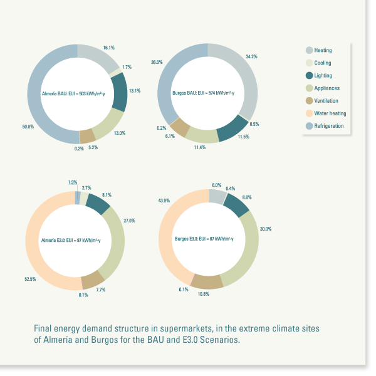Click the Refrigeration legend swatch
tap(310, 126)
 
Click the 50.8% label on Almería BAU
tap(28, 127)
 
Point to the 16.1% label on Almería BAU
tap(108, 48)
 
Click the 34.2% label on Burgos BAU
tap(252, 56)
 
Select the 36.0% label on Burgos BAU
tap(157, 63)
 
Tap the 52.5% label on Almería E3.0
tap(29, 279)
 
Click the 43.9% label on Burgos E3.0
tap(164, 201)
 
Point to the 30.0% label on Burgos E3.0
tap(266, 229)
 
